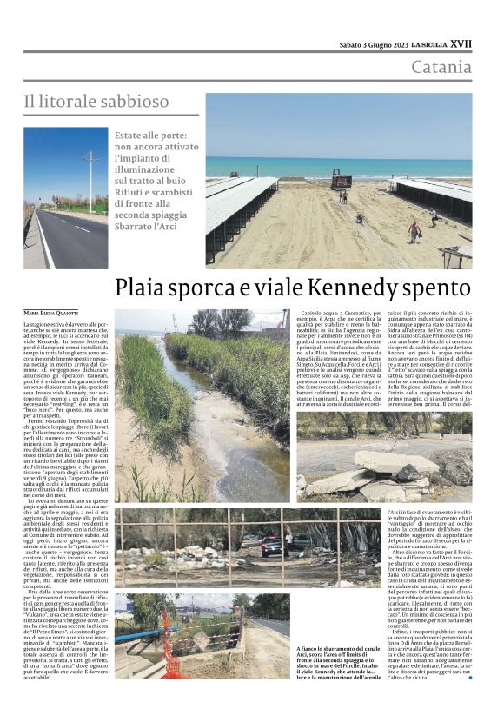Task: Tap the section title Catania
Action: tap(441, 68)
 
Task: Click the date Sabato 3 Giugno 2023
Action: tap(374, 44)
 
